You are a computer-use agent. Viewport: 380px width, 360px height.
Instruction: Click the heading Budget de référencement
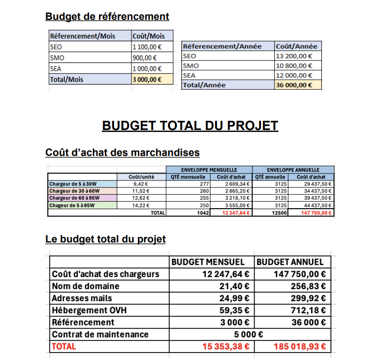107,17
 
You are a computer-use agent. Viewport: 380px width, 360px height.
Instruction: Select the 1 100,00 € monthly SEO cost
147,47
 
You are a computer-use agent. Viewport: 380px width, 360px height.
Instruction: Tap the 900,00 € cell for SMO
144,58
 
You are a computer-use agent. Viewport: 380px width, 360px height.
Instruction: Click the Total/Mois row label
67,79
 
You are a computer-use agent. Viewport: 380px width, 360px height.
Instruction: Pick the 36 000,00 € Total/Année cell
294,85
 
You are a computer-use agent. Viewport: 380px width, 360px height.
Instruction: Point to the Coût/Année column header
297,46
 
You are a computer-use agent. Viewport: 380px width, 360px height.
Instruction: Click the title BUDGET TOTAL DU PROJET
190,126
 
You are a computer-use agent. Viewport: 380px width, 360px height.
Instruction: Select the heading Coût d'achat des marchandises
123,152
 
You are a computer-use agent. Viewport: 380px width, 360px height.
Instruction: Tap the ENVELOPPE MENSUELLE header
209,170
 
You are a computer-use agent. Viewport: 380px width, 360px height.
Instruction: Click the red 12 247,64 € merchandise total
236,213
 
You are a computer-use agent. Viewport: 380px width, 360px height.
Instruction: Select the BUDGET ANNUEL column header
290,262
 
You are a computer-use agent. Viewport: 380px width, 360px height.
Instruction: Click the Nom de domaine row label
86,286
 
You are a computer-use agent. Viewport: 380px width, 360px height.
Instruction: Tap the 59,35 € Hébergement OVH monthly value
235,310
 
